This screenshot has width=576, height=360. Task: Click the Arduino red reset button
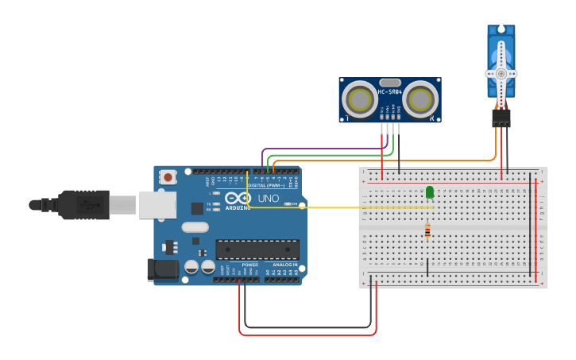pos(168,177)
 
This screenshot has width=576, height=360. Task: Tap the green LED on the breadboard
pos(430,192)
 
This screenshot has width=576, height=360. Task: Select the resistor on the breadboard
pos(427,230)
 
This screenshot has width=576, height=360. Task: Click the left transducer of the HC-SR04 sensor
pos(360,100)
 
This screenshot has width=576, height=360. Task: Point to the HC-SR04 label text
pos(389,91)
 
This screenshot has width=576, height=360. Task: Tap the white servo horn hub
pos(501,73)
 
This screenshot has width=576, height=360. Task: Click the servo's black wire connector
pos(501,118)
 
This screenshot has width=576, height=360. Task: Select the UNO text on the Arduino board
pos(268,198)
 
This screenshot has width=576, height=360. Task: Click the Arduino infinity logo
pos(238,198)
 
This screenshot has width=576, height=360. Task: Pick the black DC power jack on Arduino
pos(163,269)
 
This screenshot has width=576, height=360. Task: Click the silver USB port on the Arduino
pos(157,204)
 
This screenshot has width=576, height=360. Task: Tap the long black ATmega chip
pos(257,249)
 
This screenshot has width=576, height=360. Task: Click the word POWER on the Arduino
pos(249,265)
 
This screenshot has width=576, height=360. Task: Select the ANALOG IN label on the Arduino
pos(284,265)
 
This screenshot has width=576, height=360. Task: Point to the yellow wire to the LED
pos(342,207)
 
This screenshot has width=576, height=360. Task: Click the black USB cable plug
pos(83,204)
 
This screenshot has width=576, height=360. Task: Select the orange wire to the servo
pos(397,161)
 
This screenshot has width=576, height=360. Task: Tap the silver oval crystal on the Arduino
pos(195,227)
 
